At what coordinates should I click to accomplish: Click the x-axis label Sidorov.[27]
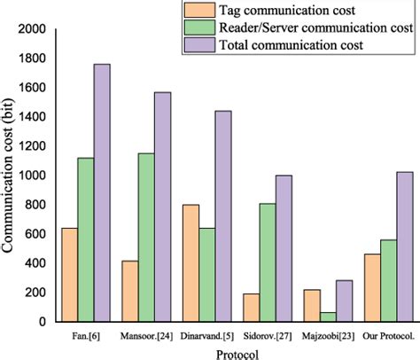click(x=266, y=337)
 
